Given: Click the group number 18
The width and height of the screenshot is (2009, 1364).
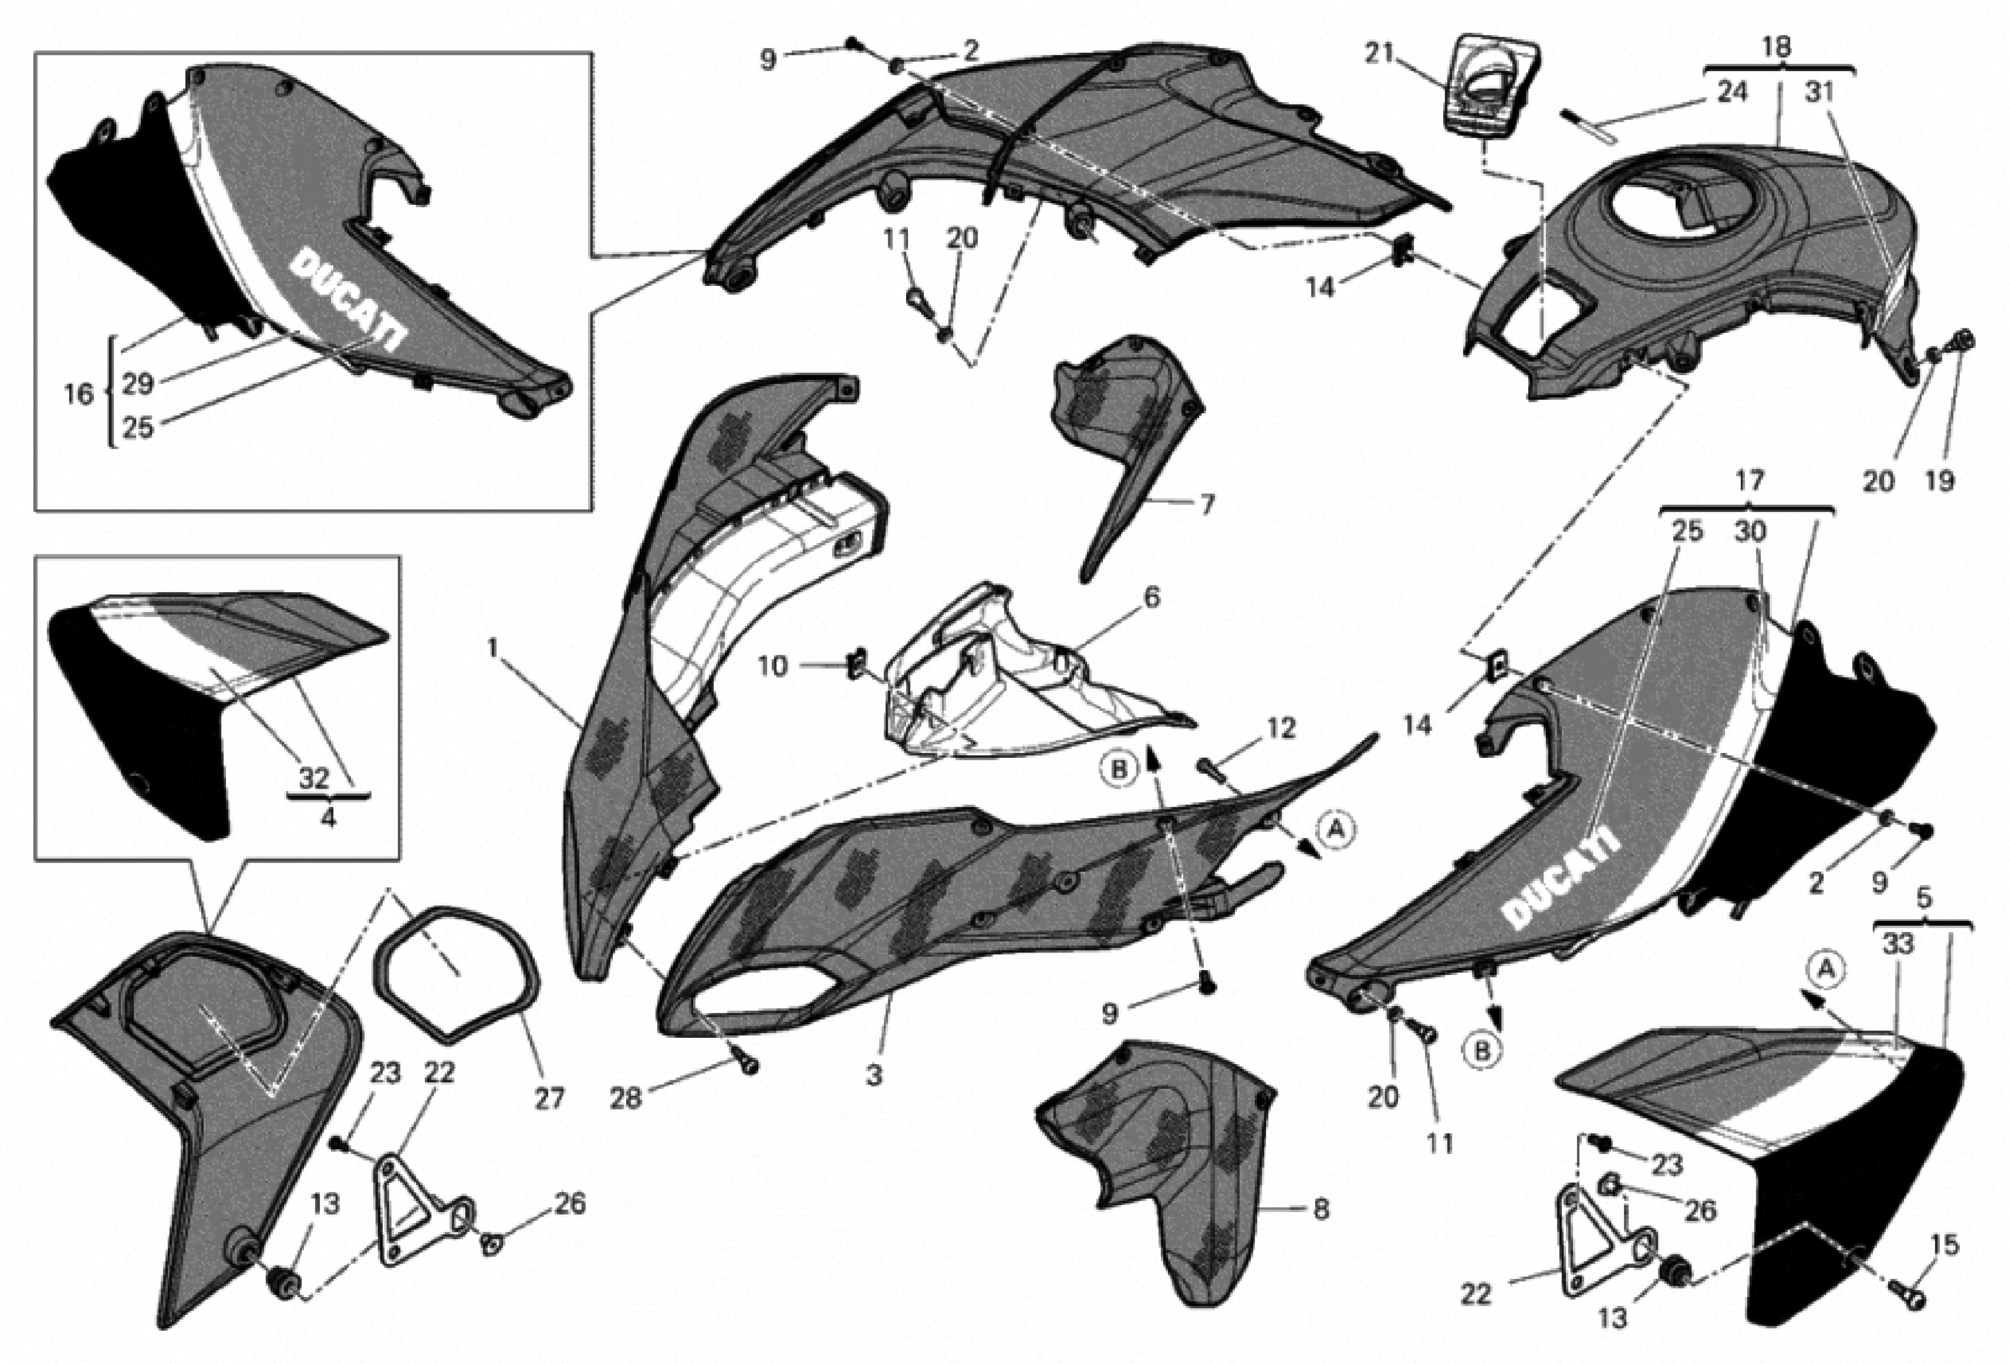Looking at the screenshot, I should (x=1776, y=48).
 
